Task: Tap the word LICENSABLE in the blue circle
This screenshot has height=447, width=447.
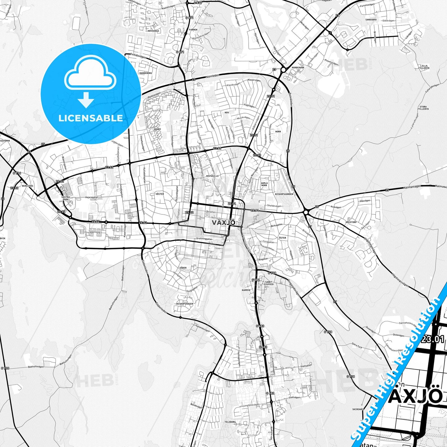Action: [x=91, y=118]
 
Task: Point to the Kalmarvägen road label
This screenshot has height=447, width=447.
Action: [x=413, y=187]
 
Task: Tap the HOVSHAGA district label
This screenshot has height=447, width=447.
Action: [x=153, y=31]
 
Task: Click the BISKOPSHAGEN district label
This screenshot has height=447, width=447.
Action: [x=185, y=304]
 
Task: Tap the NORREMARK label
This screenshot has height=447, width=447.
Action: [x=299, y=67]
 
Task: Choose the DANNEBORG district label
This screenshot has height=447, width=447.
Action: [x=146, y=73]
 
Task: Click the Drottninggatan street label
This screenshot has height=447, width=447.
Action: [x=204, y=239]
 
